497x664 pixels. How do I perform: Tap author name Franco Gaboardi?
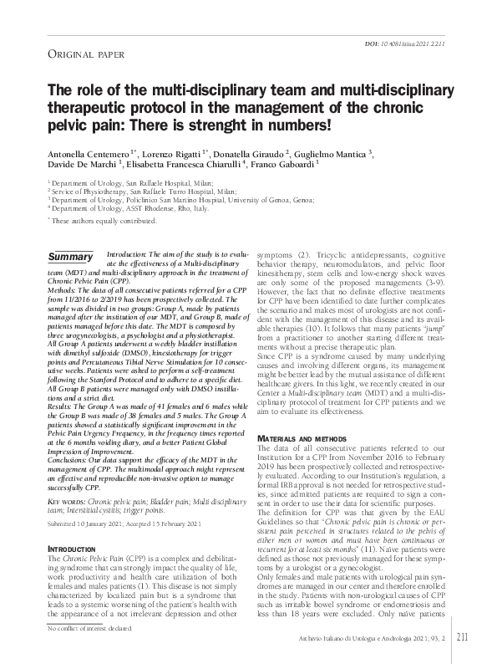click(300, 168)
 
